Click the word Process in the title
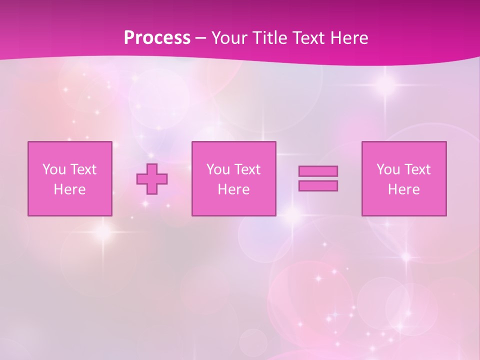157,38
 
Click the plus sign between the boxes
152,179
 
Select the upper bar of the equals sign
318,171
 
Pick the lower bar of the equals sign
318,186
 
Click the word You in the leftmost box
54,169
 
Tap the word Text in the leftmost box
83,169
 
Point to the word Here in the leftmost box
70,189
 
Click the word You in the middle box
218,169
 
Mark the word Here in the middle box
234,189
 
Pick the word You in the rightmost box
388,169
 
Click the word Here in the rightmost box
404,189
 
